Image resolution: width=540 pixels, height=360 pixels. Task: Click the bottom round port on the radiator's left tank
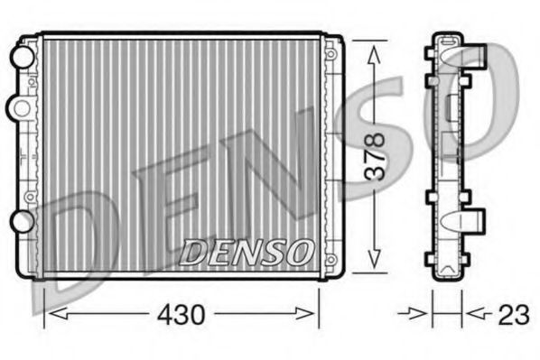click(x=18, y=221)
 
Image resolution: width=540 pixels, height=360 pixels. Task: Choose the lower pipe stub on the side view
click(x=472, y=221)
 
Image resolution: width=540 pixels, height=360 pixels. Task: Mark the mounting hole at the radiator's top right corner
click(x=331, y=55)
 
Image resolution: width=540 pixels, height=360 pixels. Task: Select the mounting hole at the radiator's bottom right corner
click(x=331, y=259)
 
